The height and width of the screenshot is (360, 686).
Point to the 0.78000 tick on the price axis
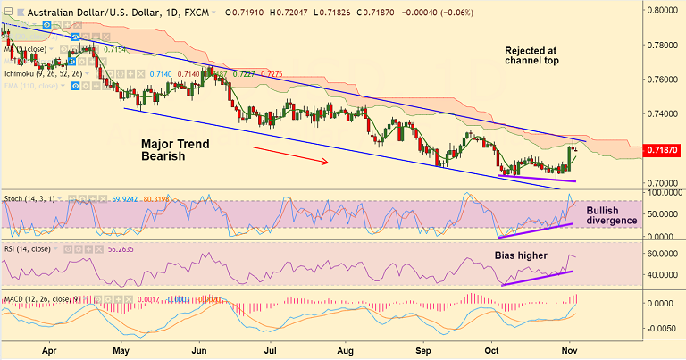[664, 45]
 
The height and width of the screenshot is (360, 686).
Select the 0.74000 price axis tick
[664, 113]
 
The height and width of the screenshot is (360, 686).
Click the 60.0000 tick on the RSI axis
[664, 254]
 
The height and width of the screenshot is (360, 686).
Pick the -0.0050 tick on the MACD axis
[664, 327]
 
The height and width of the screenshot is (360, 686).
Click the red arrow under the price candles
[292, 157]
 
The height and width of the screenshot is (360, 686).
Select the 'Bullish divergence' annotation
[611, 215]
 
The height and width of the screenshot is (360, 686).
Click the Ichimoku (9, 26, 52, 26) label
[45, 73]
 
